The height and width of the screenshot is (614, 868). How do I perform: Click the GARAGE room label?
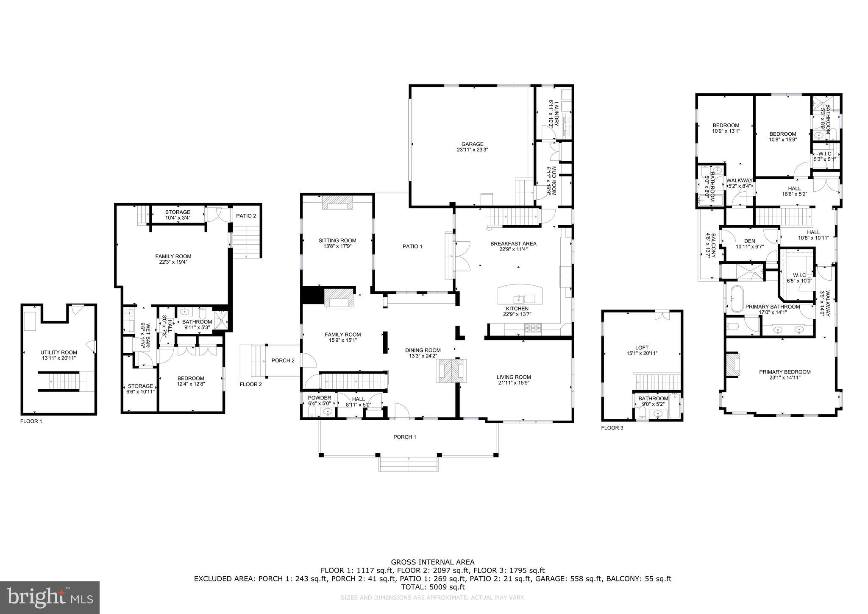click(472, 144)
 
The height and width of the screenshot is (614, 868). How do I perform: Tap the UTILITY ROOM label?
click(58, 352)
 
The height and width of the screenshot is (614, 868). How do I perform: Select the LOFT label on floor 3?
click(642, 348)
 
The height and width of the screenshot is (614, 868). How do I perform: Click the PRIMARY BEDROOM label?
click(785, 372)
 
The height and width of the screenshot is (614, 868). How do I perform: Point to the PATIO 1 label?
click(412, 246)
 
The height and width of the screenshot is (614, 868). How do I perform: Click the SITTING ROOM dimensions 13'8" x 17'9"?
click(337, 246)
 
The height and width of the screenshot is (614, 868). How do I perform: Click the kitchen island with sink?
click(520, 293)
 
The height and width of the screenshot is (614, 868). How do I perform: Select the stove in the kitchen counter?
click(533, 328)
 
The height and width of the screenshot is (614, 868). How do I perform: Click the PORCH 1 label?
click(405, 437)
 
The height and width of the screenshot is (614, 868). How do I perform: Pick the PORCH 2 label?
click(283, 360)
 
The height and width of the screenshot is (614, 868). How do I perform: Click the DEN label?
click(749, 241)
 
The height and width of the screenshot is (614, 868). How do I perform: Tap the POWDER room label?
click(319, 398)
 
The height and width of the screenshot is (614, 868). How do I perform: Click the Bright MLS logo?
click(50, 597)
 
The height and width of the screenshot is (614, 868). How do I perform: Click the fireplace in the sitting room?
click(337, 203)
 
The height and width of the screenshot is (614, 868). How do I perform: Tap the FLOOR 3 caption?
click(612, 428)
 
